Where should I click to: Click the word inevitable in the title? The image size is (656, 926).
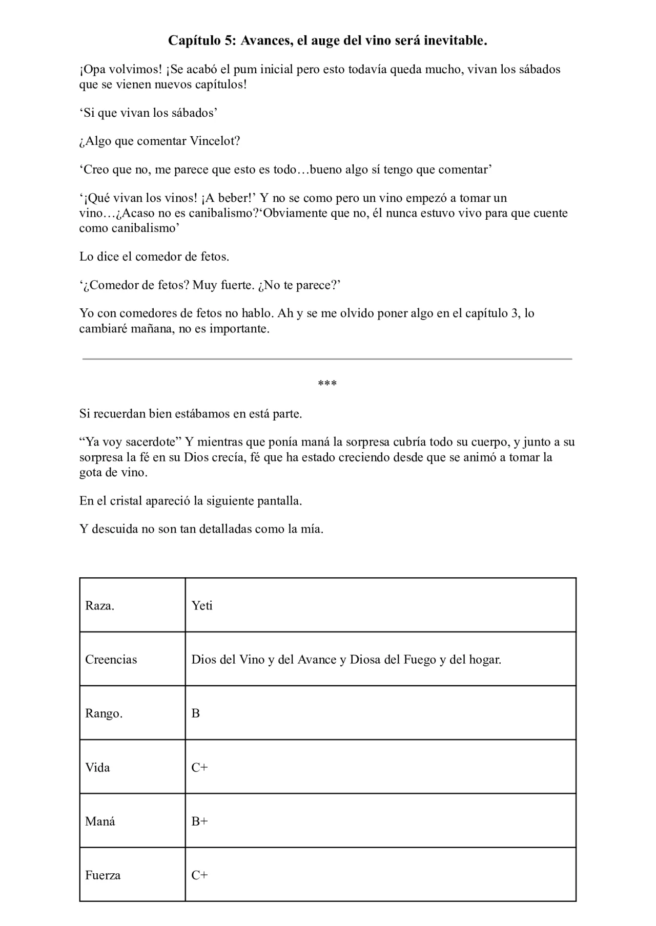[455, 41]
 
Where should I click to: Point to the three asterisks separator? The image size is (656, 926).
[327, 384]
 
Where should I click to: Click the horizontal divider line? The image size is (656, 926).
[327, 359]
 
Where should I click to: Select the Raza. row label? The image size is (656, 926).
[99, 606]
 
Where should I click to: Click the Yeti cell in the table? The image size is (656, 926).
[202, 606]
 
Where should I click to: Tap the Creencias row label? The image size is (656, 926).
[111, 660]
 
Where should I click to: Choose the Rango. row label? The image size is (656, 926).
[104, 713]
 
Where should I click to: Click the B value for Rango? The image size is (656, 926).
[196, 713]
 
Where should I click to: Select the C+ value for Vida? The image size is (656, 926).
[199, 767]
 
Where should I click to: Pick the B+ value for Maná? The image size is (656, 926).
[199, 822]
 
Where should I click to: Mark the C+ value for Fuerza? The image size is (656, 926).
[199, 875]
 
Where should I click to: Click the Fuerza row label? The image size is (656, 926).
[102, 875]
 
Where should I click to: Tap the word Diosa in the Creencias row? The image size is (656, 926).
[365, 660]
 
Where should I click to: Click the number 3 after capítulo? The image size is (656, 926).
[515, 313]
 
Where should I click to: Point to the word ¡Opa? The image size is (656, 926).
[92, 70]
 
